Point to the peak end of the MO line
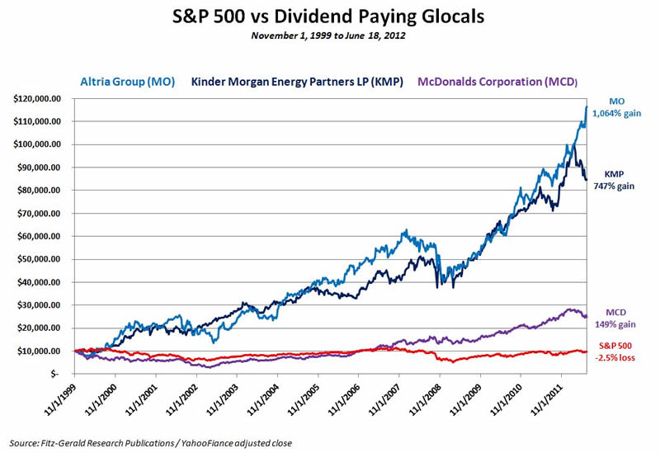click(x=586, y=106)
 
